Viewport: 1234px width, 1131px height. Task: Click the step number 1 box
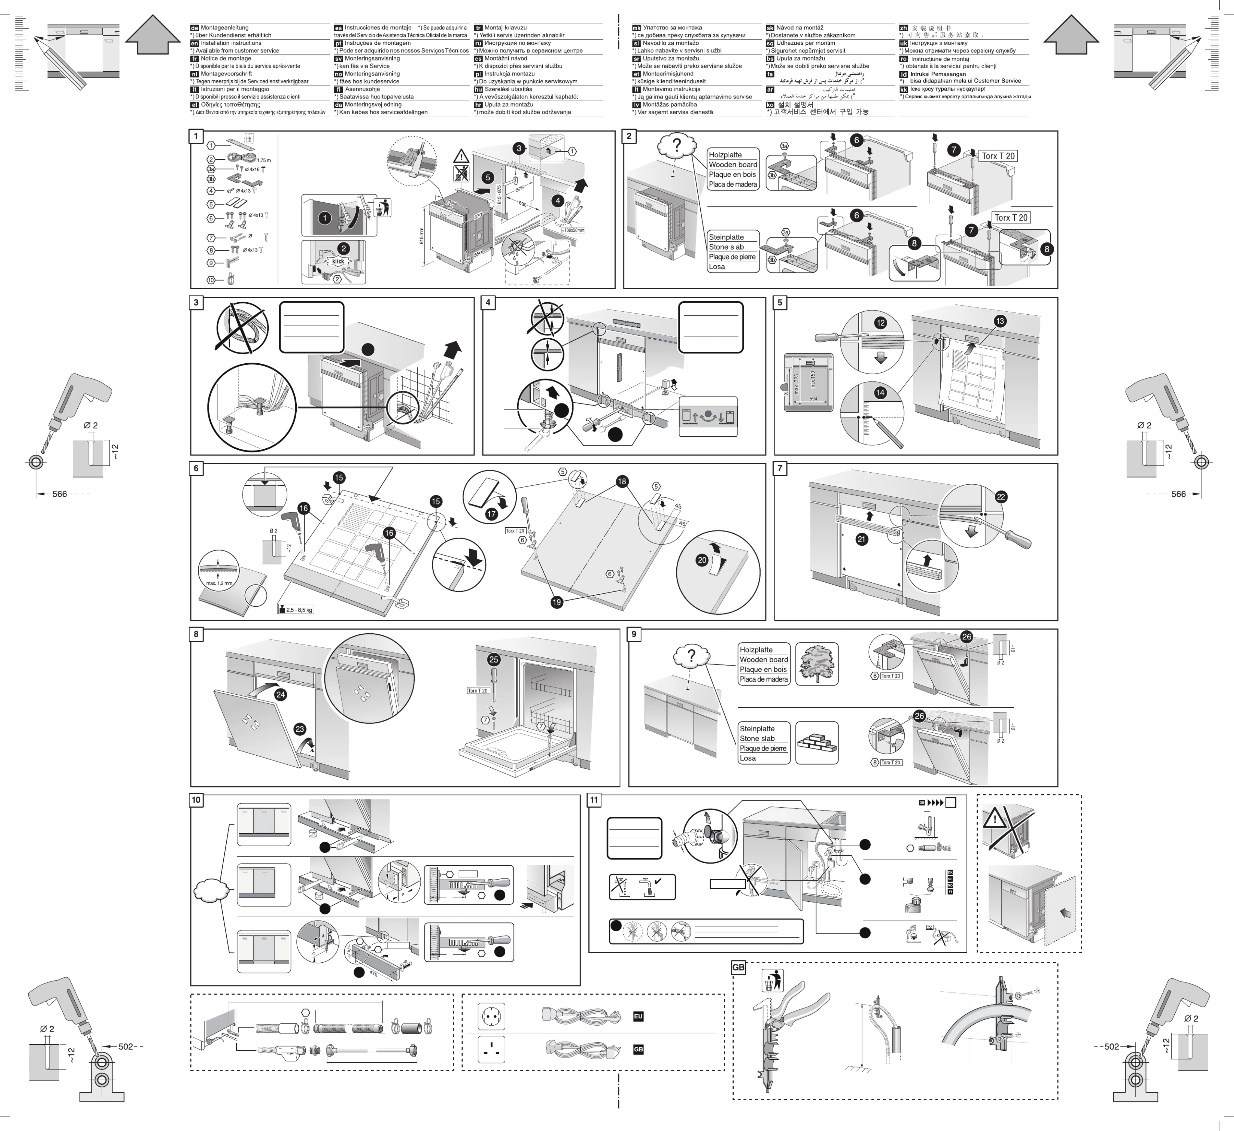click(x=196, y=136)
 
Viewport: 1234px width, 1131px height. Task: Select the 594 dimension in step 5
click(x=813, y=399)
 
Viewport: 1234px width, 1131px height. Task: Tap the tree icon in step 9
click(x=817, y=664)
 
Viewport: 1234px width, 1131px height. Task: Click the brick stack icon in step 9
click(x=817, y=743)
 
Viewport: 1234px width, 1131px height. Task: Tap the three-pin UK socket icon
click(x=491, y=1050)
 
